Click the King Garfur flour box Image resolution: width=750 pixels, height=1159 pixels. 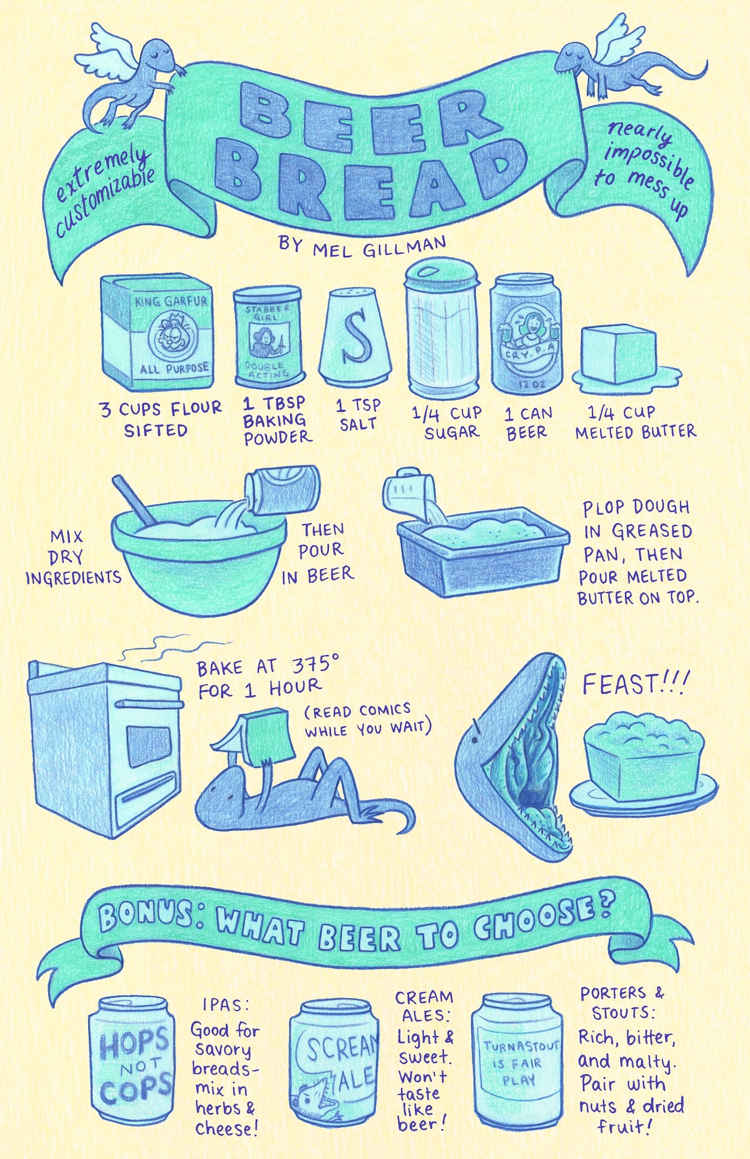(x=157, y=332)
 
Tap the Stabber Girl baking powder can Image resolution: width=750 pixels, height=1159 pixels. (x=268, y=336)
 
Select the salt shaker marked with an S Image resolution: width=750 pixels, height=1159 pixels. (x=355, y=336)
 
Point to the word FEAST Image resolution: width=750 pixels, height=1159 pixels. (x=620, y=685)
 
